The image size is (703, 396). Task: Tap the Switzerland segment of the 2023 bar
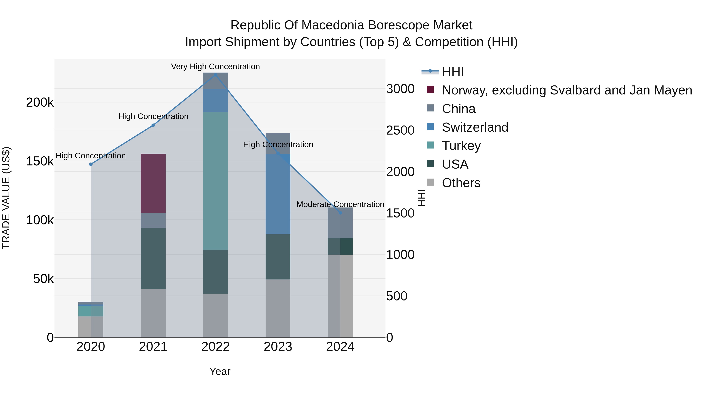click(x=278, y=194)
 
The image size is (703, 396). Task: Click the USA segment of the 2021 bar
click(x=153, y=258)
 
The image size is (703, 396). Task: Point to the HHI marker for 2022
click(x=215, y=75)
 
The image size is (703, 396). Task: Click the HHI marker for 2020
click(x=91, y=164)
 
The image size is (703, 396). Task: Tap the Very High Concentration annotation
click(x=215, y=67)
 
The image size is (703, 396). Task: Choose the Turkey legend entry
click(x=461, y=146)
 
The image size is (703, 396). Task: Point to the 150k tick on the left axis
click(x=40, y=161)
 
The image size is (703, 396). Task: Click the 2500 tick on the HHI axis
click(x=400, y=130)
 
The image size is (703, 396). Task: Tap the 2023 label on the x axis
click(x=278, y=347)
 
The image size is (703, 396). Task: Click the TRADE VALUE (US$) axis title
click(x=6, y=198)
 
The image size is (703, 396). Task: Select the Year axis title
click(x=220, y=371)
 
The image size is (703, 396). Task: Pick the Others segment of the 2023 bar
click(x=278, y=308)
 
